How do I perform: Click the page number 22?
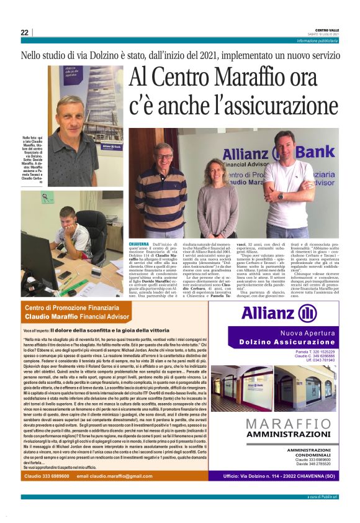(x=24, y=32)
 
